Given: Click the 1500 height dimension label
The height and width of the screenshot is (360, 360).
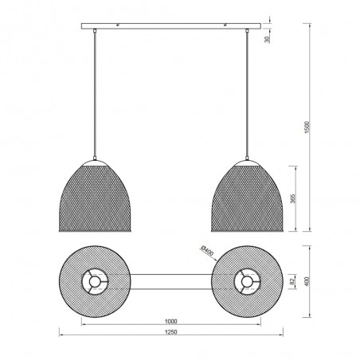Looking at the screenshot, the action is click(307, 127).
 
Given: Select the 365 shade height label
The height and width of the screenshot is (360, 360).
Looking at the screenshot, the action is click(292, 198).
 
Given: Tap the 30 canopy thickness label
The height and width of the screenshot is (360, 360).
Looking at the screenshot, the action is click(268, 39).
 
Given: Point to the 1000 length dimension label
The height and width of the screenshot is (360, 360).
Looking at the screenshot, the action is click(171, 322).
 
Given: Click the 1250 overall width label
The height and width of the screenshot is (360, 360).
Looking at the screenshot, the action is click(171, 332).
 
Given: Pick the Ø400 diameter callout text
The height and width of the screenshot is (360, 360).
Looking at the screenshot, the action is click(207, 251).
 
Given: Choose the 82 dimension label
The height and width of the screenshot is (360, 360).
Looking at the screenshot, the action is click(292, 282).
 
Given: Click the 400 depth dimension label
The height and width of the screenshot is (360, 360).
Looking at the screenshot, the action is click(307, 281).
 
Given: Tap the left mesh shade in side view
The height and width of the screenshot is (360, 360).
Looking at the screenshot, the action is click(95, 198).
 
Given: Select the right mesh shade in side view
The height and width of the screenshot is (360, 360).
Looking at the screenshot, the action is click(248, 198).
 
